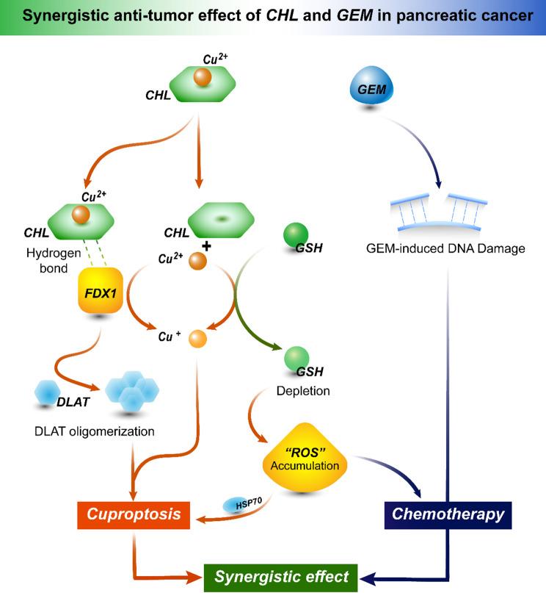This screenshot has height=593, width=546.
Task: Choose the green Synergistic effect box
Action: pos(282,575)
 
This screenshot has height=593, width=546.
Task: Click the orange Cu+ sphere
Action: pos(198,339)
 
